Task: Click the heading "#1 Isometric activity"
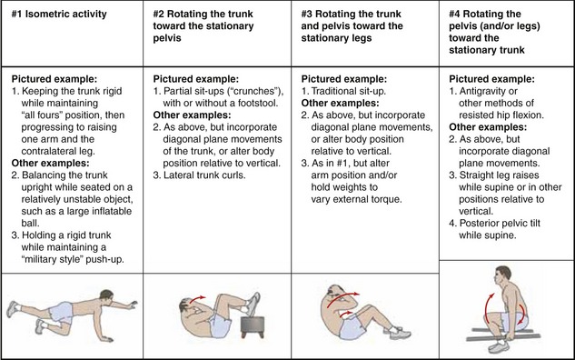pos(59,14)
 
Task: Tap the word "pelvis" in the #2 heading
pos(167,38)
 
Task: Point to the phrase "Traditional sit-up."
pos(349,91)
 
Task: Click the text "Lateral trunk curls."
pos(204,175)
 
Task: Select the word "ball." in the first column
pos(31,223)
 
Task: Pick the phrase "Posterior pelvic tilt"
pos(500,223)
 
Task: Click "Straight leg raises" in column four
pos(499,175)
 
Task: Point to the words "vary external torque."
pos(356,199)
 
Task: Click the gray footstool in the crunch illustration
pos(253,326)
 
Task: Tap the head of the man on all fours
pos(106,295)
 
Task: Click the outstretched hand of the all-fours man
pos(132,305)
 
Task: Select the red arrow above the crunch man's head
pos(197,298)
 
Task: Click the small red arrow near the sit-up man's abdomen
pos(346,315)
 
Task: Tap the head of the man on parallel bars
pos(502,276)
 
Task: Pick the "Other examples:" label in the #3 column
pos(340,103)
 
